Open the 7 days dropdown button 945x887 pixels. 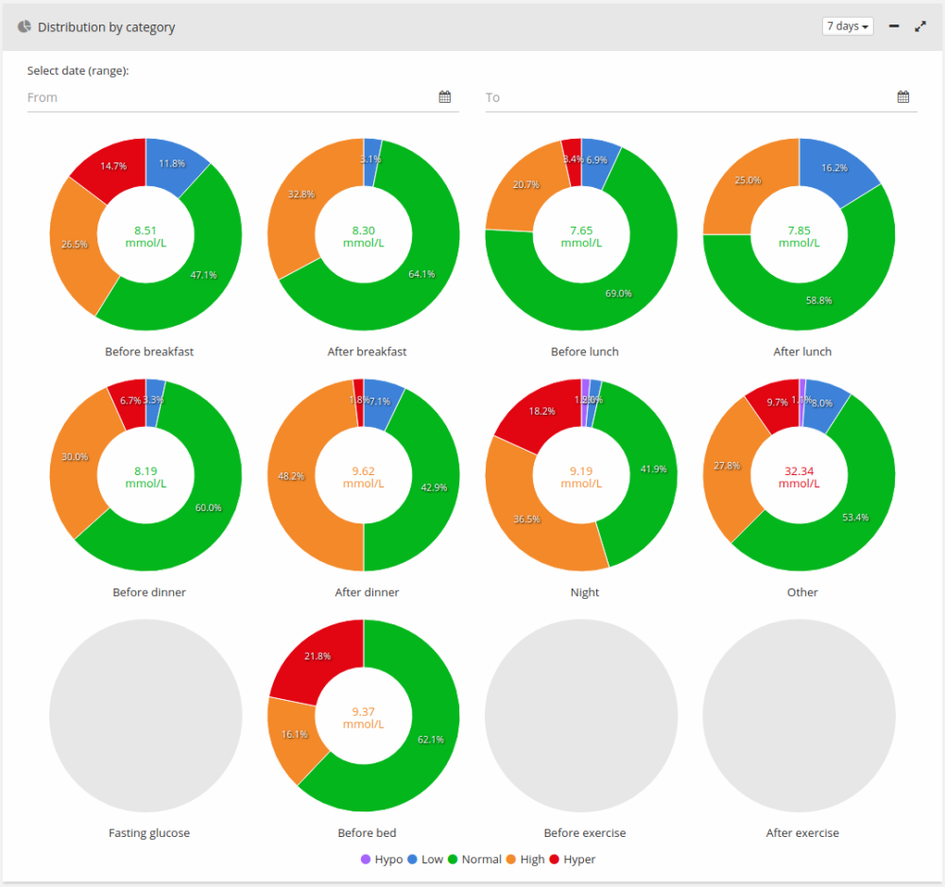[x=848, y=26]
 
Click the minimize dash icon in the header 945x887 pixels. [x=894, y=26]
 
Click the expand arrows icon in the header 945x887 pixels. [x=920, y=26]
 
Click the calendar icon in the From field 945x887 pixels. [x=445, y=97]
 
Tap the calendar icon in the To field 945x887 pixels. [x=903, y=97]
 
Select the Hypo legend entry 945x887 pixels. [x=382, y=860]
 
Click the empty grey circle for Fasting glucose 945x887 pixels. [x=146, y=715]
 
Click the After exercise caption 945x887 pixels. [x=802, y=833]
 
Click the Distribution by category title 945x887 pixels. [x=106, y=27]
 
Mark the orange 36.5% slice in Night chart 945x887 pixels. [x=529, y=520]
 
